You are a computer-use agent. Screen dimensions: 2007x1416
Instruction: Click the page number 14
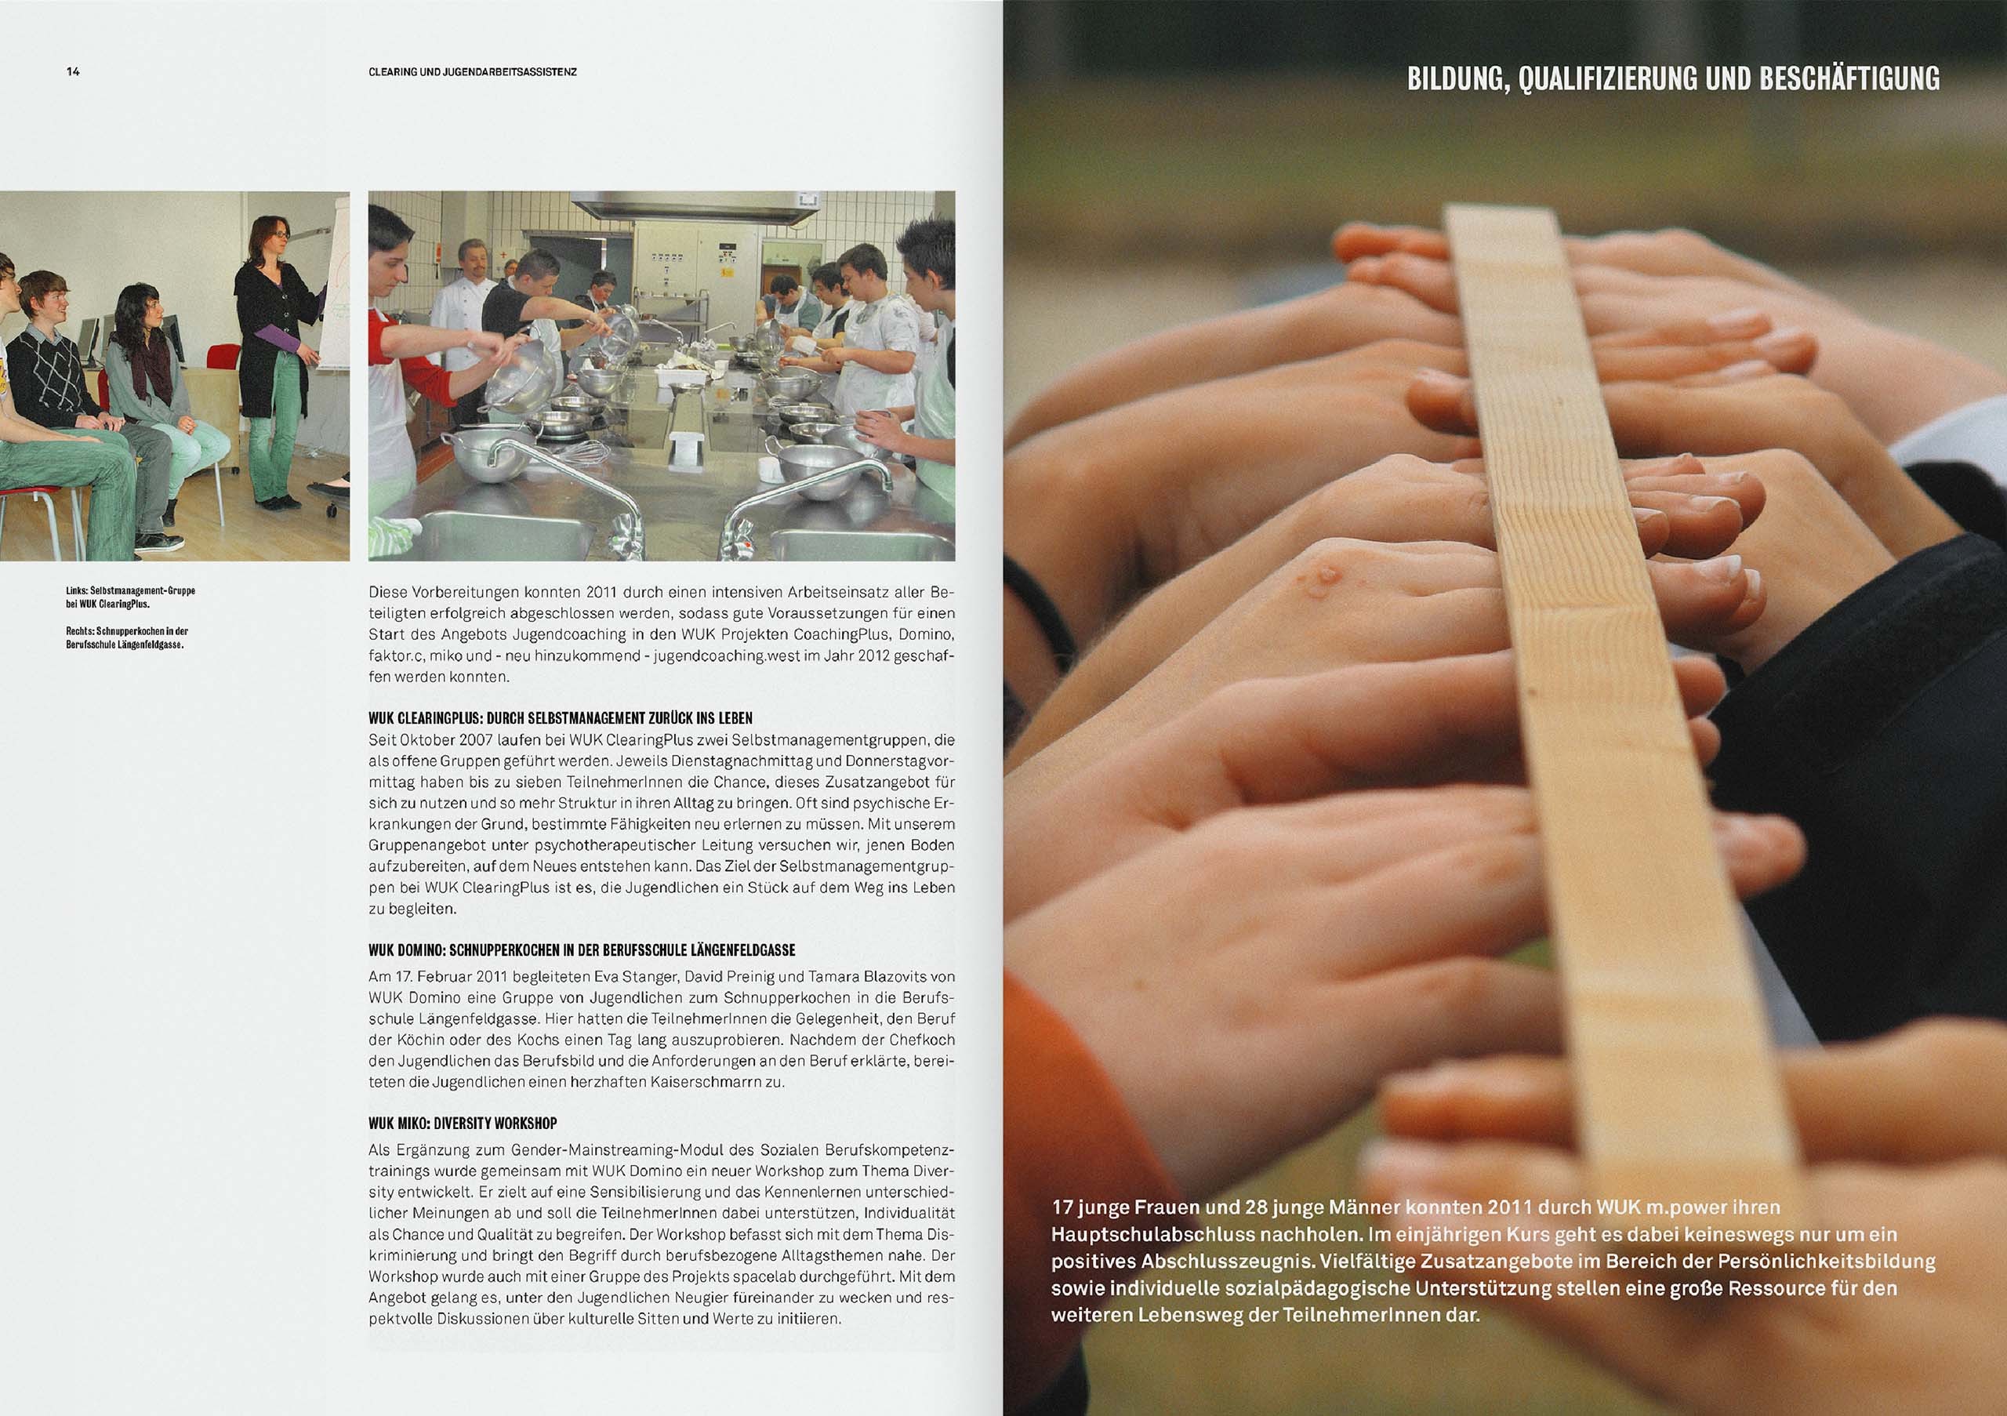point(73,73)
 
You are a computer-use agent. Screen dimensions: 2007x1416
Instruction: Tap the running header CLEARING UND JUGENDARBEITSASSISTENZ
point(473,73)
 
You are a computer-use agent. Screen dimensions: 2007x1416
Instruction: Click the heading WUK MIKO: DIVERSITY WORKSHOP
point(463,1124)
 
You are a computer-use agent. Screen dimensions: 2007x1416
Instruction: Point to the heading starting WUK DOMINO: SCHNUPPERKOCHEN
point(583,950)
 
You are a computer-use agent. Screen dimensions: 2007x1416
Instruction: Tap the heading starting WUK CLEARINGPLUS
point(561,719)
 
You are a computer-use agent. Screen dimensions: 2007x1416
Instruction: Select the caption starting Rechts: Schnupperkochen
point(127,637)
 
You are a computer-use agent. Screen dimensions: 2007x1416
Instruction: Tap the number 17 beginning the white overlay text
point(1062,1208)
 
